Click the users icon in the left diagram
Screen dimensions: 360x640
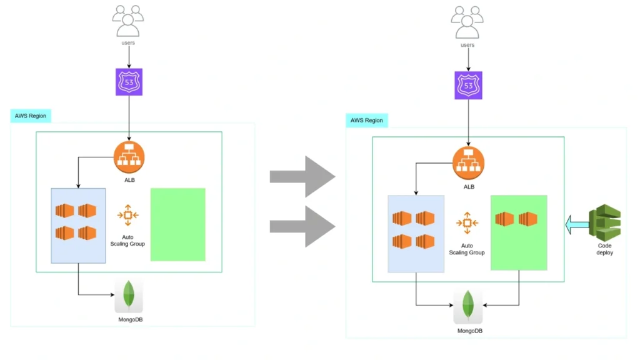128,21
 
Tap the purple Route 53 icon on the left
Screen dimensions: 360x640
129,82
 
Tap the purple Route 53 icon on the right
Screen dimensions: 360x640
467,84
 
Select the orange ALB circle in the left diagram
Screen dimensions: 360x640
129,157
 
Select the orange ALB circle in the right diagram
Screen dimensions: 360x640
468,162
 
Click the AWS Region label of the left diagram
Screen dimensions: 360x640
31,116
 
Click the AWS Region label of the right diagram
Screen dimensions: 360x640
366,120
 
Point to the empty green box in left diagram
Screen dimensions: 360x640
177,224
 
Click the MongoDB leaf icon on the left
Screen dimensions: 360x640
129,296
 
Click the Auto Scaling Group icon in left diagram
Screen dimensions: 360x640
127,215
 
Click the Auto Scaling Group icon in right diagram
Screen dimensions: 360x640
467,222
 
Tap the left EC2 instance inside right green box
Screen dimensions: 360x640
504,219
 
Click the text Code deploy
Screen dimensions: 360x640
605,249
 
